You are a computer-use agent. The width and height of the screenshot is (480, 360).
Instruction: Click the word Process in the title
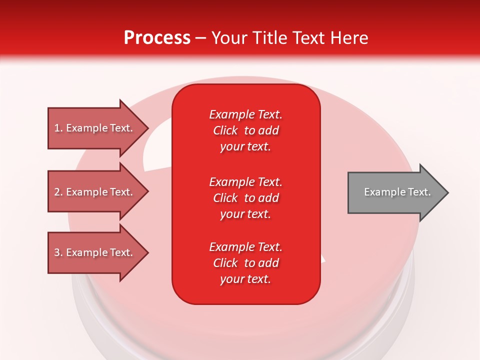(x=157, y=38)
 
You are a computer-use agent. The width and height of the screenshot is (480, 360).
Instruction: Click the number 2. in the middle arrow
(x=58, y=192)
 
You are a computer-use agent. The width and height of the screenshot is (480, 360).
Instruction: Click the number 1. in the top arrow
(x=58, y=128)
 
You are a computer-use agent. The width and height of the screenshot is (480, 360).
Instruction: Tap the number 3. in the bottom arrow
(x=58, y=252)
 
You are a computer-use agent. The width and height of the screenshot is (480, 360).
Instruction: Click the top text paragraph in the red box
(x=245, y=130)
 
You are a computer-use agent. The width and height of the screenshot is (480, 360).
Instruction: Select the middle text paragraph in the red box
(x=245, y=198)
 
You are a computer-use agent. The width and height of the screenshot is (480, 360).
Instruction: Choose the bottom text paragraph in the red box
(x=245, y=263)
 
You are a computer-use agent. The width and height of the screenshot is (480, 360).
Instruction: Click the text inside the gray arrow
(x=397, y=192)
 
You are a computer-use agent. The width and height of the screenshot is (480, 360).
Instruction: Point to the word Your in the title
(x=228, y=38)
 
